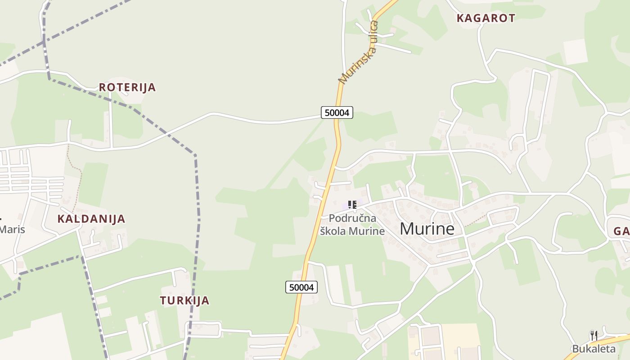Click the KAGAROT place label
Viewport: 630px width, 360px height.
click(x=486, y=18)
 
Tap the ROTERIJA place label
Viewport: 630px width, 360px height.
click(x=127, y=87)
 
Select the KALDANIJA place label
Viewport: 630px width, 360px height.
click(x=91, y=219)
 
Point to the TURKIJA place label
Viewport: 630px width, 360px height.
click(x=184, y=301)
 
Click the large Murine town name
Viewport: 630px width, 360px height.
click(x=427, y=229)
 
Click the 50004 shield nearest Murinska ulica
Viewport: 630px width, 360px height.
click(x=337, y=112)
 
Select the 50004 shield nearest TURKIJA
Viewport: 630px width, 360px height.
click(x=301, y=287)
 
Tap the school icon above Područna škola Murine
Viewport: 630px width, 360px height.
click(x=352, y=205)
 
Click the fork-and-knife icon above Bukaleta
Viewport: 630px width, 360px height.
click(x=594, y=336)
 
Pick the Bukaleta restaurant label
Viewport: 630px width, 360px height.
click(x=594, y=349)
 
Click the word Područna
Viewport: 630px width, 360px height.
click(x=352, y=218)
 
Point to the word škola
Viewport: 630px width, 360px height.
click(x=333, y=231)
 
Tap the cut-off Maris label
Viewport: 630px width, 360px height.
click(x=12, y=229)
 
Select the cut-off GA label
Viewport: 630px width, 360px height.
click(x=621, y=232)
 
